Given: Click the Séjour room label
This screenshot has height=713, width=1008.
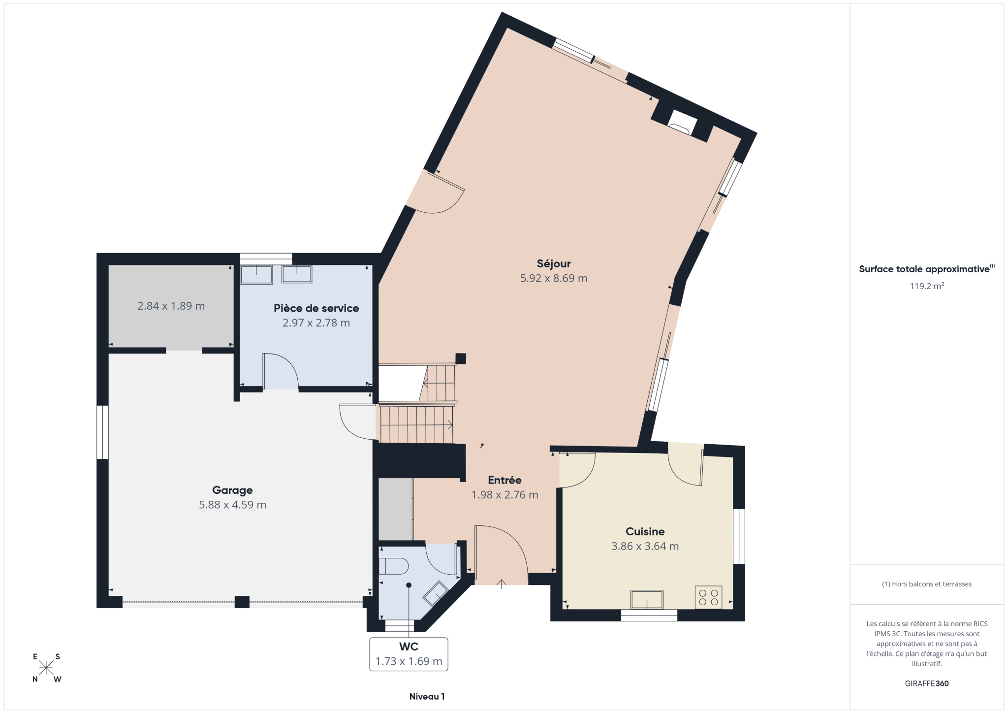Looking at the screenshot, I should (x=554, y=264).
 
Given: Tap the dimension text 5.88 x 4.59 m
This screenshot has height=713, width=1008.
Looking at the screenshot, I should (x=232, y=505).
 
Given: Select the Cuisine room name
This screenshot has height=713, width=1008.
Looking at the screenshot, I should (x=645, y=531).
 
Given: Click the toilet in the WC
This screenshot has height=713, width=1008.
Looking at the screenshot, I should (x=393, y=566).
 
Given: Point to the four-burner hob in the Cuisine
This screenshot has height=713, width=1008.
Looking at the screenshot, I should (x=708, y=597).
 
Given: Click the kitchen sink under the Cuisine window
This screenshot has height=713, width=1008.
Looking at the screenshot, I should (x=647, y=600).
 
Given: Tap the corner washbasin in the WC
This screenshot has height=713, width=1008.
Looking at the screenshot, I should (x=435, y=594).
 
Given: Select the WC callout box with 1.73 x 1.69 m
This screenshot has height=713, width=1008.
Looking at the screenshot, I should (x=409, y=654).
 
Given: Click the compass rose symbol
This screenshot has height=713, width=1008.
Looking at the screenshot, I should (x=46, y=668).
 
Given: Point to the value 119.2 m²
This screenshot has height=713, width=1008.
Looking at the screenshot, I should (x=926, y=286).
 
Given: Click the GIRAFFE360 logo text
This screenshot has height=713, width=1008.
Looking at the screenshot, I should (x=926, y=683).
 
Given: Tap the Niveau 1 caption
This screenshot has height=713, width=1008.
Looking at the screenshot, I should (x=427, y=696).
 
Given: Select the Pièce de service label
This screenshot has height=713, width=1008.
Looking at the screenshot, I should (x=316, y=308).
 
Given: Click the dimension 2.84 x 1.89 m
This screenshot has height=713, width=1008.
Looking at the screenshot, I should (x=171, y=306).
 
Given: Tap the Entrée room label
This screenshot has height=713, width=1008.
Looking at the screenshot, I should (x=504, y=480).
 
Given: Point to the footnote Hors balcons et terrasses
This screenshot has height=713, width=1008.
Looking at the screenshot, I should (x=926, y=584).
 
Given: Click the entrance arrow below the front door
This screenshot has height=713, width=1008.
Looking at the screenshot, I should (x=501, y=584).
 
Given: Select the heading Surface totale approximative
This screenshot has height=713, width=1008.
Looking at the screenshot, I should (x=924, y=269).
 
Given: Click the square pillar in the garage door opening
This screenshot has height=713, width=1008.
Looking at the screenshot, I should (x=242, y=602).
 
